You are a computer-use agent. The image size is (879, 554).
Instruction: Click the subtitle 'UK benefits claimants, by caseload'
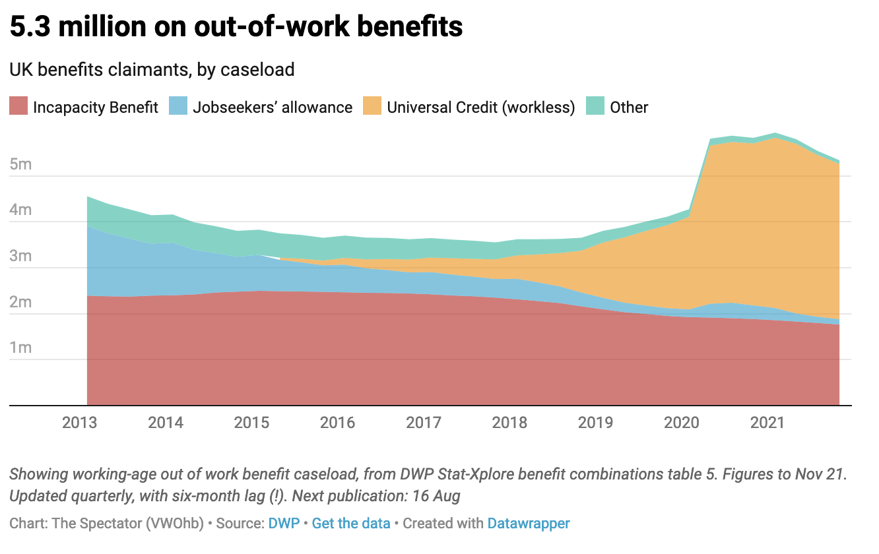click(x=152, y=69)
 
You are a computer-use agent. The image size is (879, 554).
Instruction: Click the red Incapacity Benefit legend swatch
click(x=18, y=107)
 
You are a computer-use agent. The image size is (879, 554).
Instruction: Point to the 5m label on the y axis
click(x=21, y=164)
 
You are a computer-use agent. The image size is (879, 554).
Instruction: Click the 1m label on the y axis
click(x=21, y=348)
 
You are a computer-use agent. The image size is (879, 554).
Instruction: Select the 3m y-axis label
click(x=21, y=256)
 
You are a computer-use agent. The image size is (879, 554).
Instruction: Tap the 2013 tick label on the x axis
click(x=80, y=422)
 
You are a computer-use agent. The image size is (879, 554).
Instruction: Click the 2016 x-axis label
click(x=338, y=422)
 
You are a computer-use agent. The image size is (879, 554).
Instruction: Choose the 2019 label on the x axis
click(x=596, y=422)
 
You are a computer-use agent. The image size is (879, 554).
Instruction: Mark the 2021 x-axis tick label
click(x=768, y=422)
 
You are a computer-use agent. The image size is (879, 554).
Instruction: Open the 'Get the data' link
click(x=352, y=524)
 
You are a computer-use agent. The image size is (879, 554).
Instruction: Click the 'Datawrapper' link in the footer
click(x=529, y=524)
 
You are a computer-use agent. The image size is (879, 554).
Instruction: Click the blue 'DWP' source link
click(x=284, y=524)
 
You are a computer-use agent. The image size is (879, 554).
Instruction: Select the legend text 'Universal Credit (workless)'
click(x=481, y=107)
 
